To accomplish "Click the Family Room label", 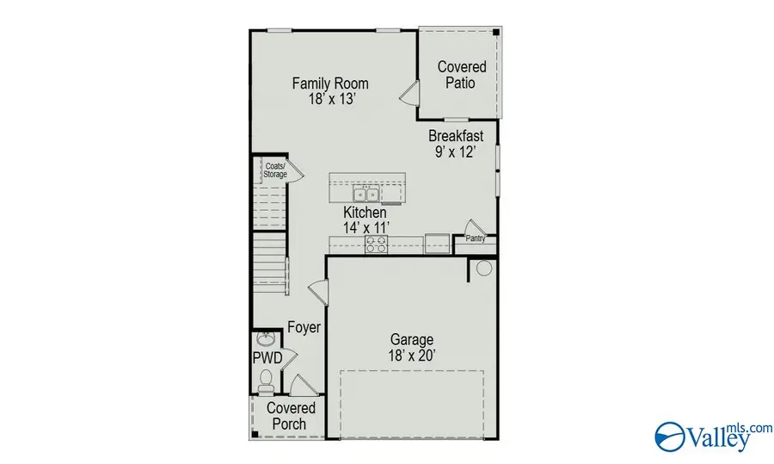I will click(330, 84).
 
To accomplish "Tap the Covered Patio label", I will click(462, 75).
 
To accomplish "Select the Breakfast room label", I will click(456, 135).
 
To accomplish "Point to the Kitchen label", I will click(365, 213).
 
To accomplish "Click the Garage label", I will click(412, 340).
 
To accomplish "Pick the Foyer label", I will click(304, 328).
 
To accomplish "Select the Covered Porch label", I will click(291, 416).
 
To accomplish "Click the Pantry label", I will click(476, 239).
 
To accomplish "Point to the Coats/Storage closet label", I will click(274, 169).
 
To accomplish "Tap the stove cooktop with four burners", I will click(376, 244).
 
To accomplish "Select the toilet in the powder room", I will click(266, 378).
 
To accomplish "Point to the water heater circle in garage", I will click(483, 269).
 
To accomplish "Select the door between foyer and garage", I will click(319, 292).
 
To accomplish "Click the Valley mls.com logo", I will click(702, 436).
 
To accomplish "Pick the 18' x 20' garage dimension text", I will click(412, 354).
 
